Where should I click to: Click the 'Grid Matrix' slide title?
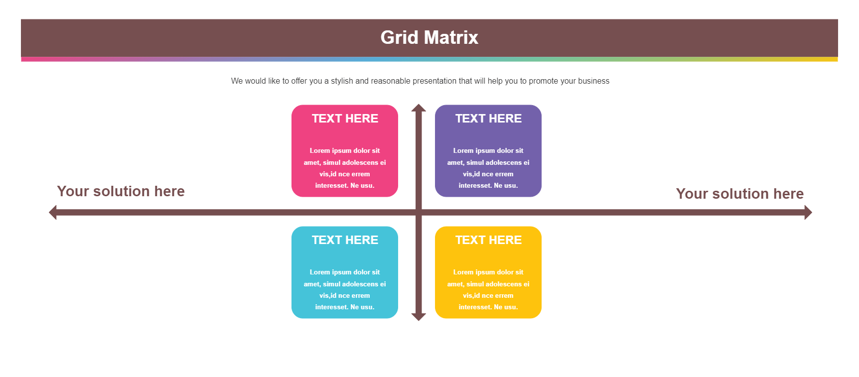429,37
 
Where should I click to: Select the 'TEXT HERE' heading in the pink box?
345,119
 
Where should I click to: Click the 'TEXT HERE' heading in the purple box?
488,119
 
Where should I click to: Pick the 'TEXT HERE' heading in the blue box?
345,240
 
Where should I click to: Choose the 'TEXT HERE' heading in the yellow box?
488,240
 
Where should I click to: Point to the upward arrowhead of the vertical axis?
419,108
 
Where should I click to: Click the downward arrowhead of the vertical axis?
419,317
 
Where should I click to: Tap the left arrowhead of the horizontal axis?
52,213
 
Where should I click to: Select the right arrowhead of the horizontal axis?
808,213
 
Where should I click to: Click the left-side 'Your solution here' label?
121,191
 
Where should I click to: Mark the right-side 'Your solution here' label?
740,194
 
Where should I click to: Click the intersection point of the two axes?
419,213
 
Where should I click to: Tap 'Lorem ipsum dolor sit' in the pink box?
345,150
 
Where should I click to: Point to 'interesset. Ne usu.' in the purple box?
488,185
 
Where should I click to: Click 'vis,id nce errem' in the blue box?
345,295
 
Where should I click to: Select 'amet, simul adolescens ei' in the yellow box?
488,284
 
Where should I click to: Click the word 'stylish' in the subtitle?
342,81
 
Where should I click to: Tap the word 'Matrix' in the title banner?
451,37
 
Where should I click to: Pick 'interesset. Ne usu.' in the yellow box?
488,307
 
